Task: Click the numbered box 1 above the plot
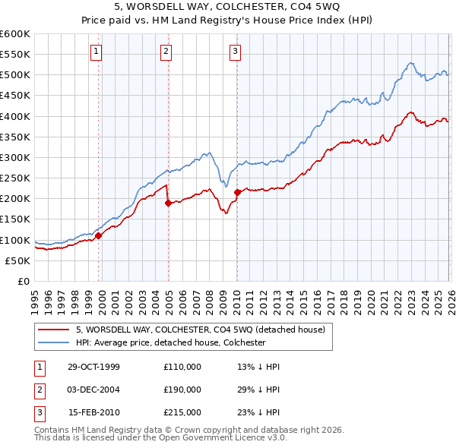tap(97, 52)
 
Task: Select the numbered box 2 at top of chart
tap(166, 52)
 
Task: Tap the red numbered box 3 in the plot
tap(235, 52)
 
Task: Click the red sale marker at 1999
tap(99, 236)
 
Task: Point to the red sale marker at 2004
tap(168, 203)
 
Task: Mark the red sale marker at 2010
tap(237, 192)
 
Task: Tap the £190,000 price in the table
tap(182, 390)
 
